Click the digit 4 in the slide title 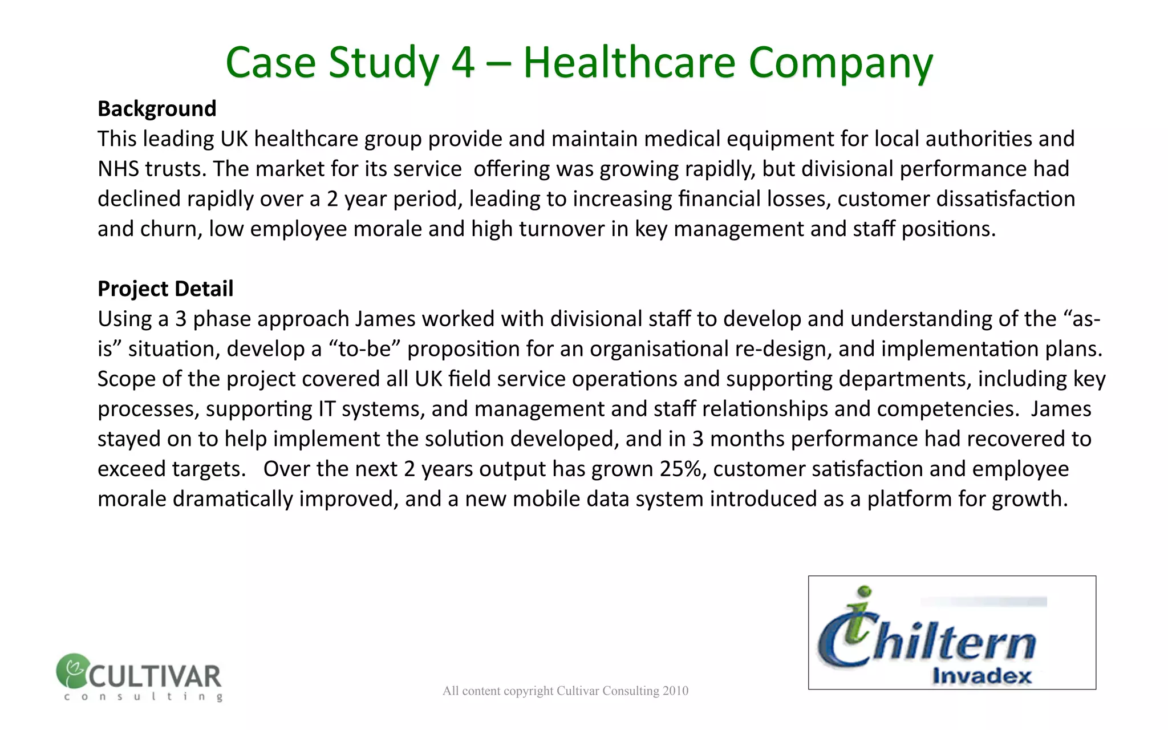coord(463,62)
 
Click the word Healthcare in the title coord(628,62)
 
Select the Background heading coord(157,108)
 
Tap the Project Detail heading coord(165,289)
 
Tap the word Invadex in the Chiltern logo coord(982,676)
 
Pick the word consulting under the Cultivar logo coord(143,696)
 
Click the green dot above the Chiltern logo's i coord(865,591)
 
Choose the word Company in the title coord(840,62)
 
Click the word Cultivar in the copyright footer coord(577,691)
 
